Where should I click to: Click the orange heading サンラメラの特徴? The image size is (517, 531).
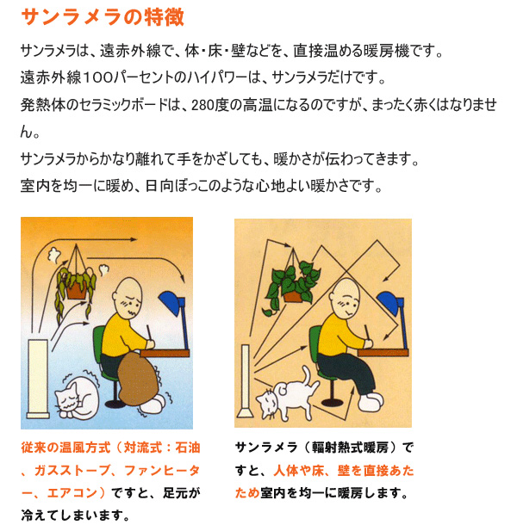click(x=103, y=17)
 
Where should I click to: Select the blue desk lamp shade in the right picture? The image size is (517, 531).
click(x=389, y=302)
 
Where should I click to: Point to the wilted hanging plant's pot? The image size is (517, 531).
click(x=76, y=290)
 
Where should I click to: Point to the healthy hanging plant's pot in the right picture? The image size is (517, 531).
click(x=293, y=296)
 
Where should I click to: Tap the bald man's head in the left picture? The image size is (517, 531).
click(x=128, y=296)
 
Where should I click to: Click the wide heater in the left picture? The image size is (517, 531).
click(x=38, y=379)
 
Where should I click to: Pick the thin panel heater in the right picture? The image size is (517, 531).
click(x=246, y=381)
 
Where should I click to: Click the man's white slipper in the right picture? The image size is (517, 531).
click(x=371, y=402)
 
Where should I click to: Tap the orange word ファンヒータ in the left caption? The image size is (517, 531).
click(x=162, y=471)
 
